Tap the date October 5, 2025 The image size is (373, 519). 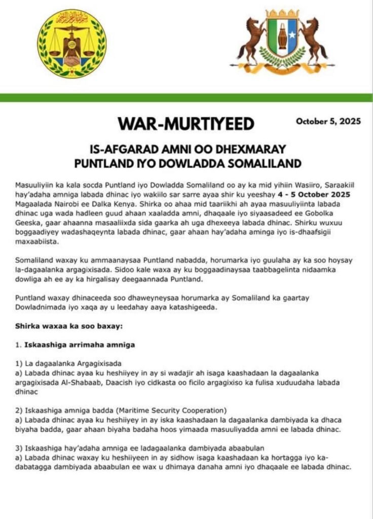tap(328, 121)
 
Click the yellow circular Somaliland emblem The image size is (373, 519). tap(72, 44)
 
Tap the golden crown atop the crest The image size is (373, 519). tap(282, 14)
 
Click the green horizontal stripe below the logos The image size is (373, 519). tap(186, 97)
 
